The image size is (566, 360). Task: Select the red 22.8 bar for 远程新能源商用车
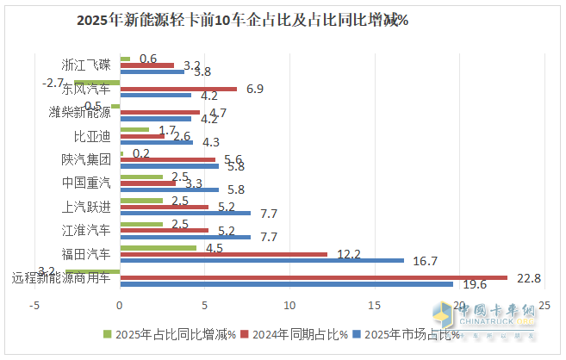314,276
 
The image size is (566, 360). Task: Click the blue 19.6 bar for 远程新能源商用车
286,283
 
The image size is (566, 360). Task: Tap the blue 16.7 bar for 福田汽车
262,260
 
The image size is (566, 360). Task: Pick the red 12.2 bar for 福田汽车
224,253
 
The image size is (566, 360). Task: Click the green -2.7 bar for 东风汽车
96,82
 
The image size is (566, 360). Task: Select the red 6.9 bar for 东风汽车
178,89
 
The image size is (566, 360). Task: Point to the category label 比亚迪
92,135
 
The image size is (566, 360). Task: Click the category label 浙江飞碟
86,65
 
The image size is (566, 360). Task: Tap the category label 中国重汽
86,183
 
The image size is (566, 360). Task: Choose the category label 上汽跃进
86,206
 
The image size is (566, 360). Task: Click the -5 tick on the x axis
35,306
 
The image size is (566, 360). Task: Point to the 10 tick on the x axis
289,306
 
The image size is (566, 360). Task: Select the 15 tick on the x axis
375,306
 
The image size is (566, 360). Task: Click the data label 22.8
528,277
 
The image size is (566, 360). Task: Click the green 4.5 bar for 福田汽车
159,247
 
